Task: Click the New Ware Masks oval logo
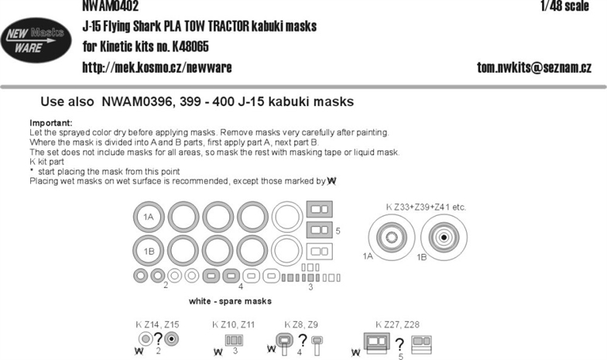(36, 40)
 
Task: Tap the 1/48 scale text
(565, 6)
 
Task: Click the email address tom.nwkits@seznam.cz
(534, 67)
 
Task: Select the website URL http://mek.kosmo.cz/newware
(156, 67)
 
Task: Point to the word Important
(51, 123)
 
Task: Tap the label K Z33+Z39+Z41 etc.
(426, 207)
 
